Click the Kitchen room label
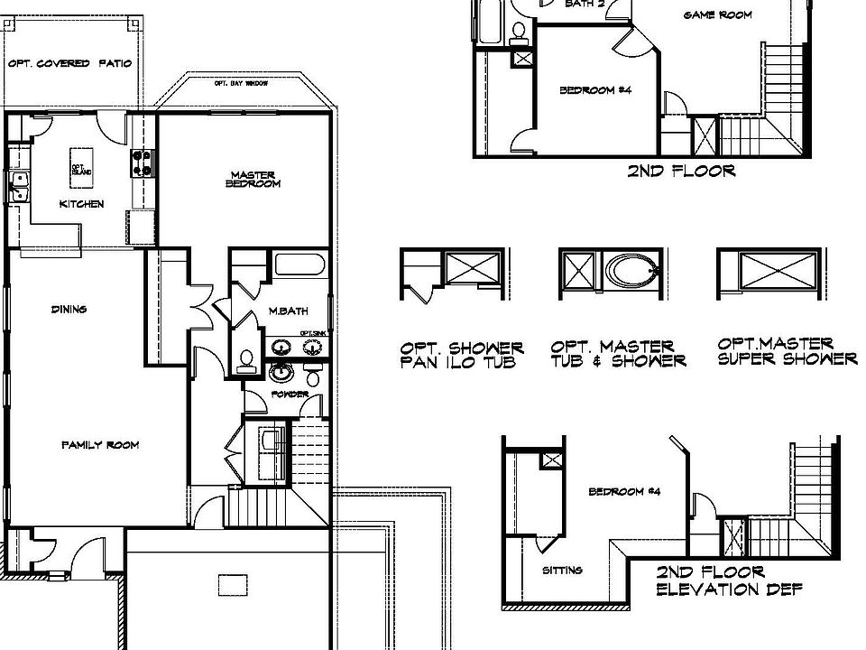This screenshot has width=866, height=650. click(x=81, y=204)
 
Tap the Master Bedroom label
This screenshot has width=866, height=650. click(x=253, y=180)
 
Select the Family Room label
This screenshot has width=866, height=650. click(x=100, y=445)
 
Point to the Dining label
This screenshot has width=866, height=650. click(x=69, y=310)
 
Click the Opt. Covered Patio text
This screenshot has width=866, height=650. click(x=69, y=64)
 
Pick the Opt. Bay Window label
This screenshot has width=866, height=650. click(x=242, y=84)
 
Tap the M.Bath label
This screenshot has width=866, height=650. click(x=289, y=311)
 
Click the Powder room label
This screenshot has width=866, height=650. click(x=290, y=395)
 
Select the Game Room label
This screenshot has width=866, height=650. click(x=717, y=15)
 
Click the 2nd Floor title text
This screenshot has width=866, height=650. click(x=681, y=171)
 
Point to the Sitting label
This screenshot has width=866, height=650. click(x=562, y=570)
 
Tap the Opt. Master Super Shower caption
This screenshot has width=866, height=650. click(x=788, y=351)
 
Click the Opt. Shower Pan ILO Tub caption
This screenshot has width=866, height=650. click(x=462, y=355)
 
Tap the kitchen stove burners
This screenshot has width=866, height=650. click(x=142, y=162)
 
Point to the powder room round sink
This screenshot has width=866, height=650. click(x=281, y=372)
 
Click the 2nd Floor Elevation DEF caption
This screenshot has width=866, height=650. click(x=729, y=581)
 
